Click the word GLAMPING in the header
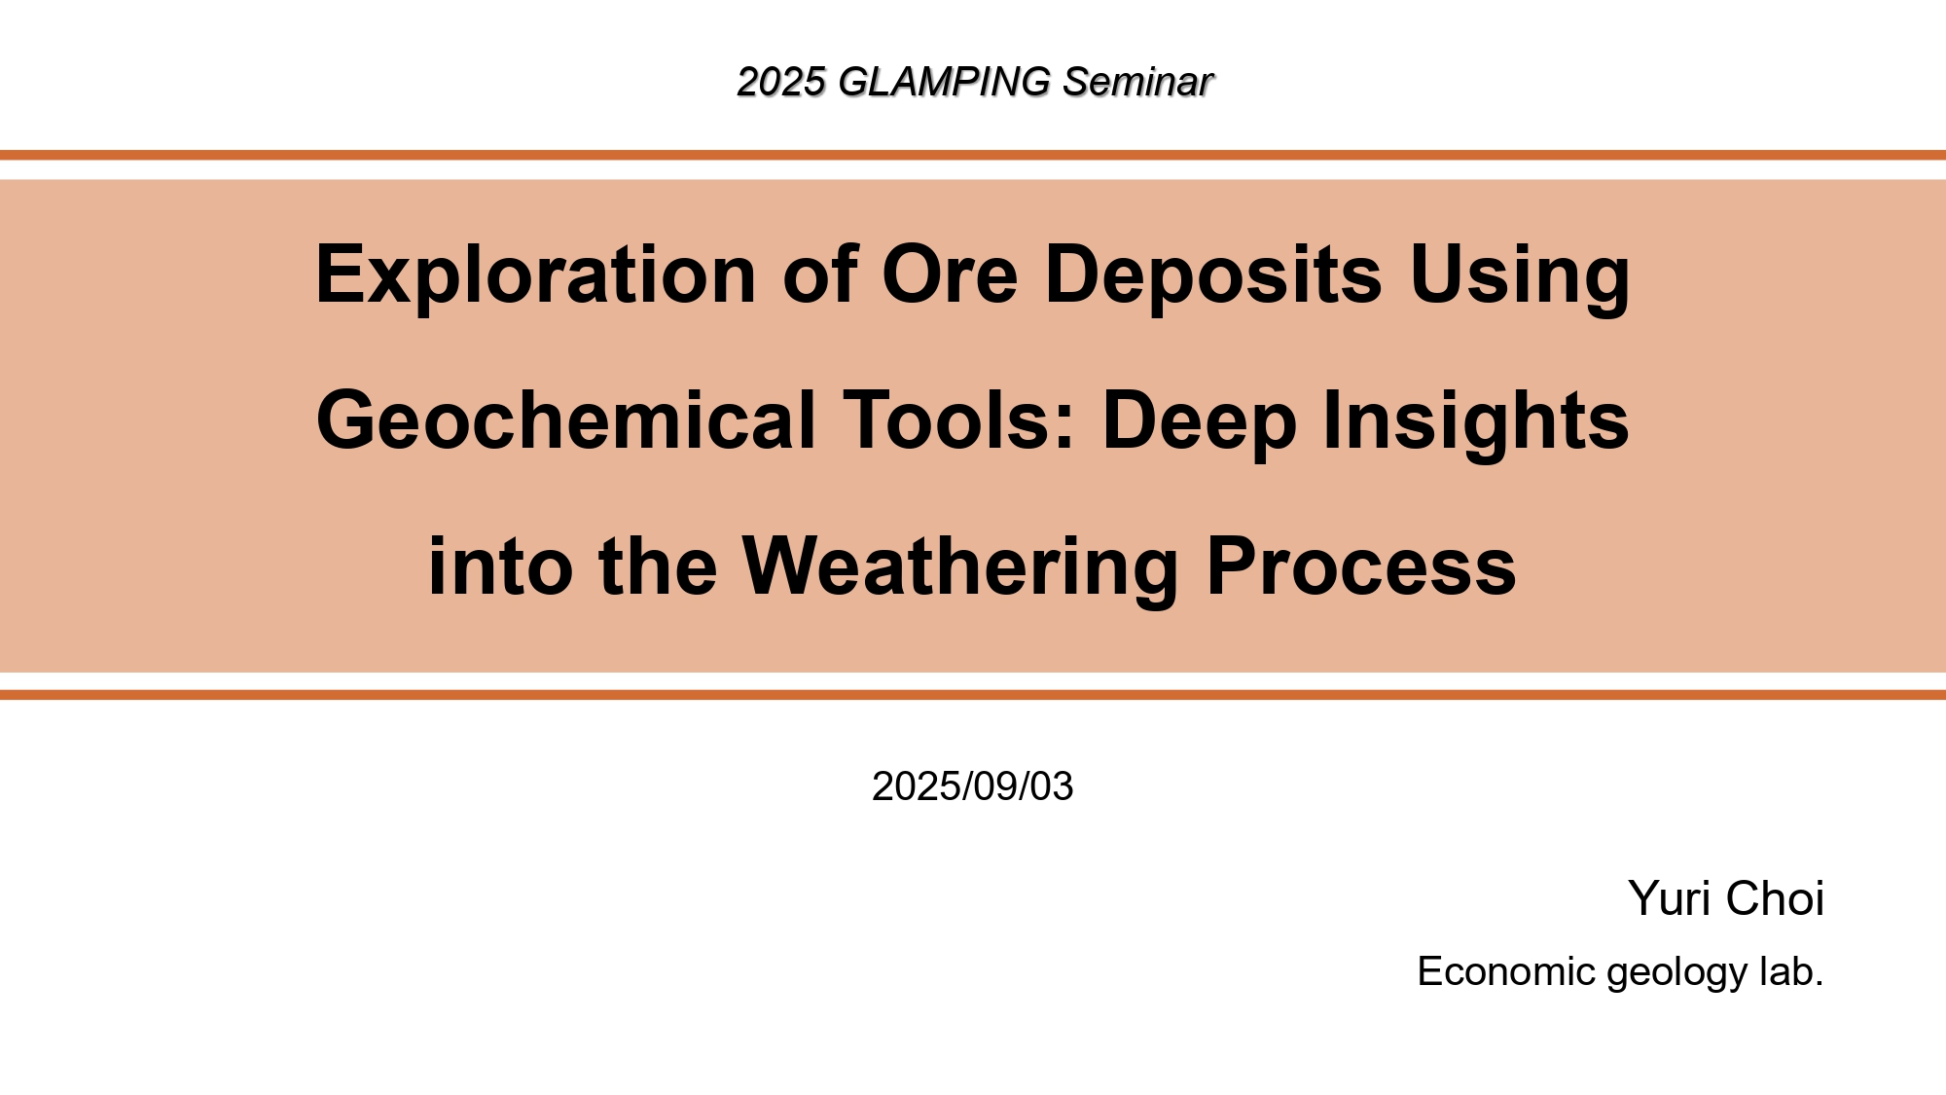pos(944,82)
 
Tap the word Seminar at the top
pos(1137,82)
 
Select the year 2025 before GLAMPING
pos(781,82)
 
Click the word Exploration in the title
pos(536,274)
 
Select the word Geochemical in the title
pos(566,420)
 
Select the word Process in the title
pos(1361,566)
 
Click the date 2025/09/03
pos(973,786)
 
